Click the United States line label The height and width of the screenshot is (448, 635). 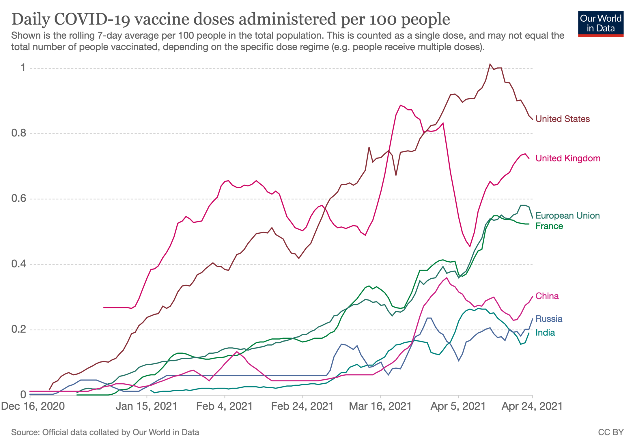tap(562, 119)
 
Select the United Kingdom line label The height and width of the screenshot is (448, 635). tap(568, 158)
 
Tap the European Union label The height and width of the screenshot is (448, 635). tap(567, 215)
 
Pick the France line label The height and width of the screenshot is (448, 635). tap(549, 226)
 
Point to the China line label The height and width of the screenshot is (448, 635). tap(547, 296)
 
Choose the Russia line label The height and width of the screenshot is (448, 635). tap(549, 319)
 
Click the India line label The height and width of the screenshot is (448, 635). tap(545, 333)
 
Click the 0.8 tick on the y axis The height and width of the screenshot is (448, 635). tap(18, 133)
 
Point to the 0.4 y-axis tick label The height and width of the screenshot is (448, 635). tap(18, 264)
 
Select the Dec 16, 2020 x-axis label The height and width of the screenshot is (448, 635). tap(33, 406)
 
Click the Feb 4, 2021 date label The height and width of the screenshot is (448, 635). tap(224, 406)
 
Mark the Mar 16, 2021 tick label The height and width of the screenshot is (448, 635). tap(380, 406)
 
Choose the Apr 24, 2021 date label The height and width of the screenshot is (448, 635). tap(532, 406)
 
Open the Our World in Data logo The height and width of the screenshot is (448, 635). tap(601, 24)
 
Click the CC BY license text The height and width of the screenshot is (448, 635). tap(611, 432)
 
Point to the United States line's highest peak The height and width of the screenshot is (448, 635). tap(490, 64)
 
